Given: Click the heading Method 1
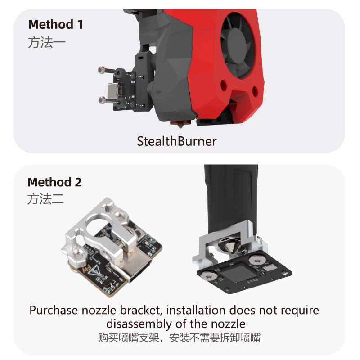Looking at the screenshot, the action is click(55, 24).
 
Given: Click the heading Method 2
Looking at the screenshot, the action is click(54, 182).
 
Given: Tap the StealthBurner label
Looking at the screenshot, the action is click(176, 141).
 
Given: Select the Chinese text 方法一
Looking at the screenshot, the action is click(47, 42).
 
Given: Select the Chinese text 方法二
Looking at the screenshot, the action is click(46, 199).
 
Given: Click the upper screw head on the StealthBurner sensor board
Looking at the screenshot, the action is click(101, 70).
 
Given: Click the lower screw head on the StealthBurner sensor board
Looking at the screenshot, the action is click(102, 100).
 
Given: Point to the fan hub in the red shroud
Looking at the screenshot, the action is click(241, 46).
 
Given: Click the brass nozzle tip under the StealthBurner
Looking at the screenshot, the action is click(180, 126).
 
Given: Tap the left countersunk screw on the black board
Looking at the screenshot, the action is click(208, 277).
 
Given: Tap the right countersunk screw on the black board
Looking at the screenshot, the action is click(257, 260).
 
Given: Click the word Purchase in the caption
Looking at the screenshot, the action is click(54, 310).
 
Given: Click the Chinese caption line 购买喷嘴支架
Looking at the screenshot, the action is click(129, 337).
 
